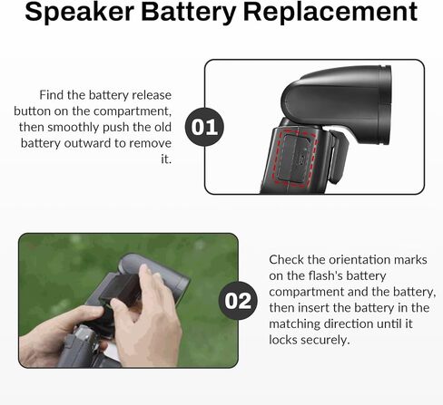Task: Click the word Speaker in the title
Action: (x=79, y=12)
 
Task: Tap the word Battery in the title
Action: (x=188, y=12)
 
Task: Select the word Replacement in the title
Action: (x=330, y=12)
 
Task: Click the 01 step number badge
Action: (x=204, y=127)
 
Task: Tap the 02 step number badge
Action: (x=238, y=301)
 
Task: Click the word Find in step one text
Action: (x=51, y=95)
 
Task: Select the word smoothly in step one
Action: (x=74, y=128)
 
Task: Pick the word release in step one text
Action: (x=152, y=95)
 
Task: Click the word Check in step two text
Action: (x=286, y=259)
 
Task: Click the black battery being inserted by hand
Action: (x=121, y=290)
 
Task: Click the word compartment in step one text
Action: (x=131, y=111)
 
